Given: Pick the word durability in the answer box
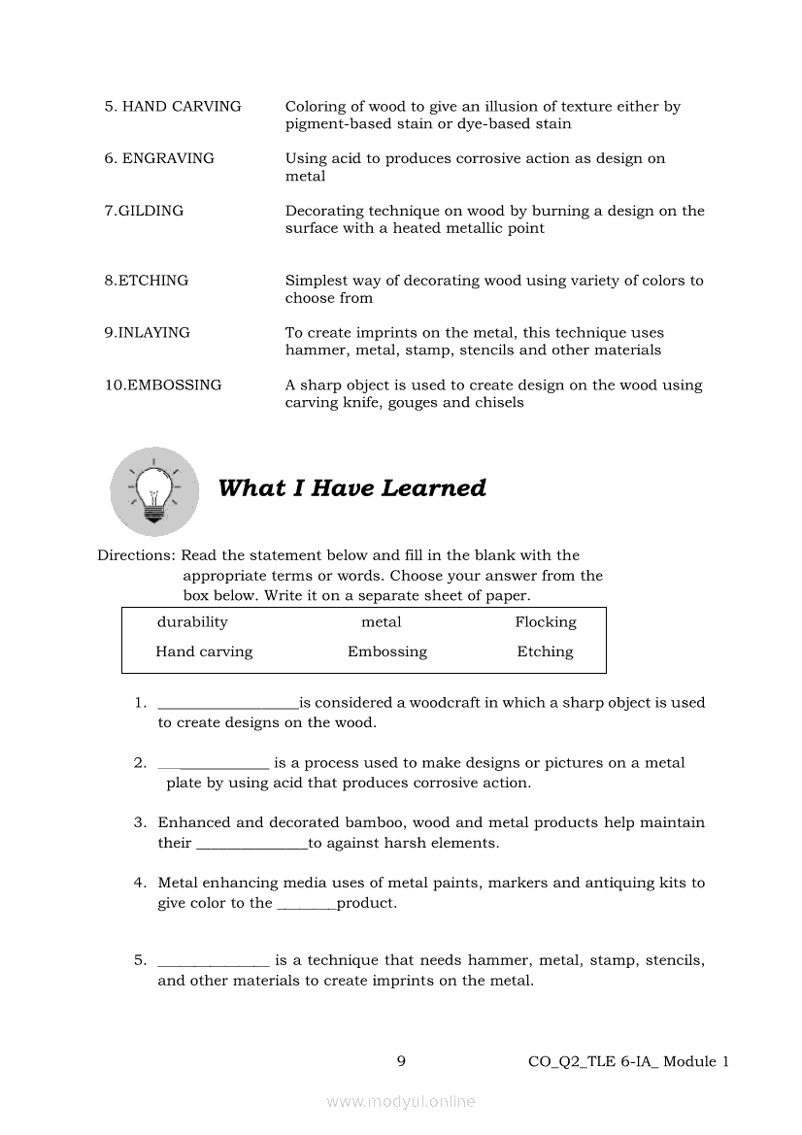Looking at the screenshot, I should [192, 622].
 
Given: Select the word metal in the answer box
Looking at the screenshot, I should [381, 622].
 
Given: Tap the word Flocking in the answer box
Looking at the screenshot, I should [545, 622].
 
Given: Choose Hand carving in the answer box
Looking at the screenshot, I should [204, 651].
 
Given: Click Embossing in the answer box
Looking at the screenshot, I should [386, 651].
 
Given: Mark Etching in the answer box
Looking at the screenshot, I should [545, 651].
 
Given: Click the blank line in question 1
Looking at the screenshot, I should [227, 705].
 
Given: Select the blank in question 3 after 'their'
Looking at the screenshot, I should [251, 846].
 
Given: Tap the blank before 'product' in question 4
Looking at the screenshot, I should [306, 906].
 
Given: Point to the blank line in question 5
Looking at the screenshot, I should [213, 963].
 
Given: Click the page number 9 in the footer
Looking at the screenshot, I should [401, 1061].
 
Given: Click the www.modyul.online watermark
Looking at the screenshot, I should [401, 1101].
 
